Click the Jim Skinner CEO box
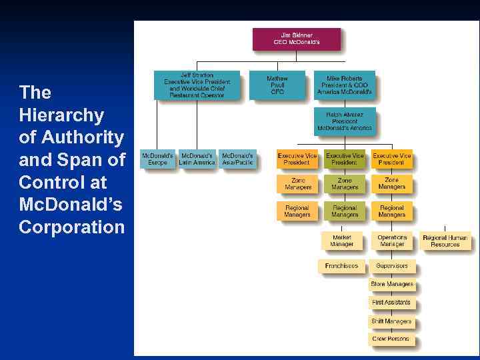[297, 39]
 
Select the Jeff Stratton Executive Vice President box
[197, 85]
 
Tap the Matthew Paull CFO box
[277, 85]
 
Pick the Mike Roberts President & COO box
[345, 85]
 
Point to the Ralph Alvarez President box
[345, 121]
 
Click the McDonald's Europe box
[157, 159]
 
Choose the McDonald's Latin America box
[197, 159]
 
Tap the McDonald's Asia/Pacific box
[237, 159]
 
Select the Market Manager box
[342, 241]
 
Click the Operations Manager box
[392, 241]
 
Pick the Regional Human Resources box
[445, 241]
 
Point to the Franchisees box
[342, 266]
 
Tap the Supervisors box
[392, 266]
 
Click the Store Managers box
[392, 285]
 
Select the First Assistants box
[392, 303]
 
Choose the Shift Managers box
[392, 321]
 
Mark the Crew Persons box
[392, 339]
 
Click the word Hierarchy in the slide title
[61, 115]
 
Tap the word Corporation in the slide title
[71, 227]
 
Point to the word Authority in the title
[81, 138]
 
